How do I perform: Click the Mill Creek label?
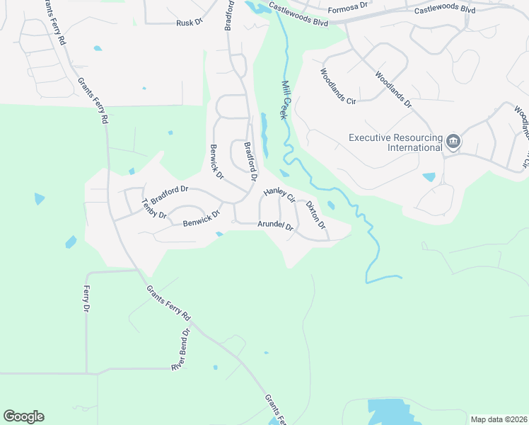click(x=286, y=99)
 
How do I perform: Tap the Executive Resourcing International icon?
click(x=453, y=142)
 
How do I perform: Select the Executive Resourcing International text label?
click(x=395, y=142)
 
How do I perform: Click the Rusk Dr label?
click(x=190, y=23)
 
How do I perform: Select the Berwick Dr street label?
click(x=217, y=161)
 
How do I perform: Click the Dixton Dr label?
click(x=315, y=215)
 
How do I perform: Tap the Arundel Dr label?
click(x=275, y=226)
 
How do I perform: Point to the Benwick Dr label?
click(x=202, y=218)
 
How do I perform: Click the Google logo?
click(x=23, y=416)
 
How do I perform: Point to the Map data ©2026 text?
click(x=499, y=419)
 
